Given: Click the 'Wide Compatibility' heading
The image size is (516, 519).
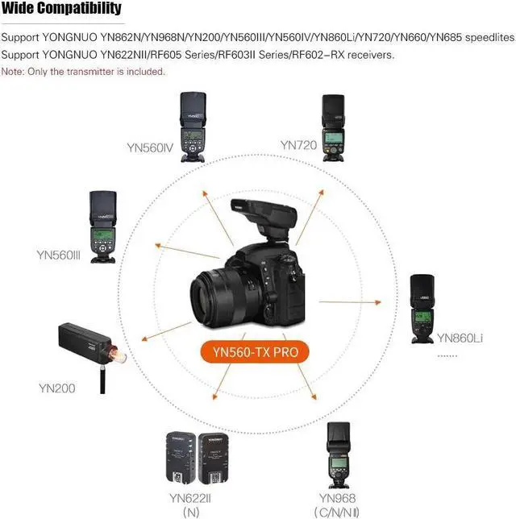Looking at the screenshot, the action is [x=61, y=9].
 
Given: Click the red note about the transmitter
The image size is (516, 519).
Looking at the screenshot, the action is [x=83, y=72].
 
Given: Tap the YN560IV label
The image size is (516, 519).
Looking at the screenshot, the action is [x=149, y=147].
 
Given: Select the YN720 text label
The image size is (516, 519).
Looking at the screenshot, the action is [x=298, y=145].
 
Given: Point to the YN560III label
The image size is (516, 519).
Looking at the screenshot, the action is [x=59, y=255].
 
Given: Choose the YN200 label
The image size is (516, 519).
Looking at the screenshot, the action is [x=57, y=388].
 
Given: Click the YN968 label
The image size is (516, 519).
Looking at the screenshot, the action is [x=337, y=498].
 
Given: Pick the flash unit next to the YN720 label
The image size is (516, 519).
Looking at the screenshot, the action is [x=335, y=129].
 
